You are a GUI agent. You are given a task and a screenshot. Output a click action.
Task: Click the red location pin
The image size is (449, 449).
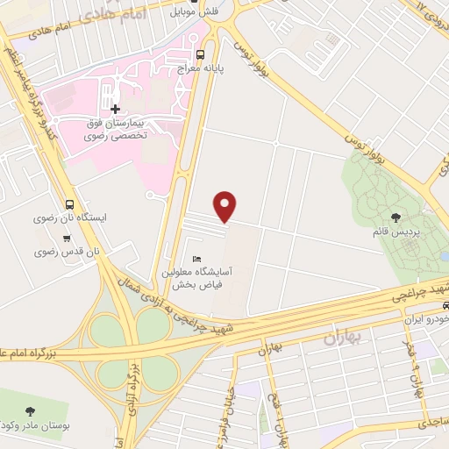click(226, 206)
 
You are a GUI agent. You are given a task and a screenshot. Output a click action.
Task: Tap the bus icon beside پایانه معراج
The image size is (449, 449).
click(202, 54)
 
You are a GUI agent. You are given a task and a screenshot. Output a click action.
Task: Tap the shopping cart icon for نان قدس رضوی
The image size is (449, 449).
click(67, 238)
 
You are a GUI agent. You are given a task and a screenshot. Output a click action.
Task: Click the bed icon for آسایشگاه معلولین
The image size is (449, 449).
click(196, 259)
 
